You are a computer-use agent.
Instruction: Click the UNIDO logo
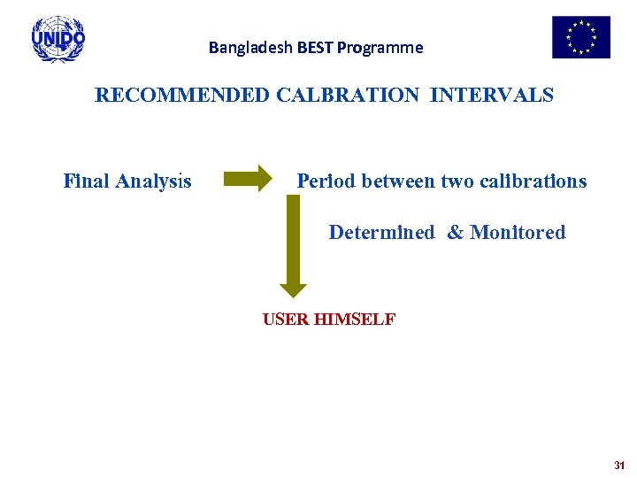(58, 39)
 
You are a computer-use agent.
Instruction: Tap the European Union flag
(581, 37)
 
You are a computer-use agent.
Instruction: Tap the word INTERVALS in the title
(492, 95)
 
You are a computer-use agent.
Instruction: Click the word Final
(86, 181)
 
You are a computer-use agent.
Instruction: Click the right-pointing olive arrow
(249, 180)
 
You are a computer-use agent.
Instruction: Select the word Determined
(381, 233)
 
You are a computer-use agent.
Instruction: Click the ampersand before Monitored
(455, 233)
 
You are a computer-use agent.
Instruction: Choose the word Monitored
(518, 233)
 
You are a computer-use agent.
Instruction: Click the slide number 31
(618, 465)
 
